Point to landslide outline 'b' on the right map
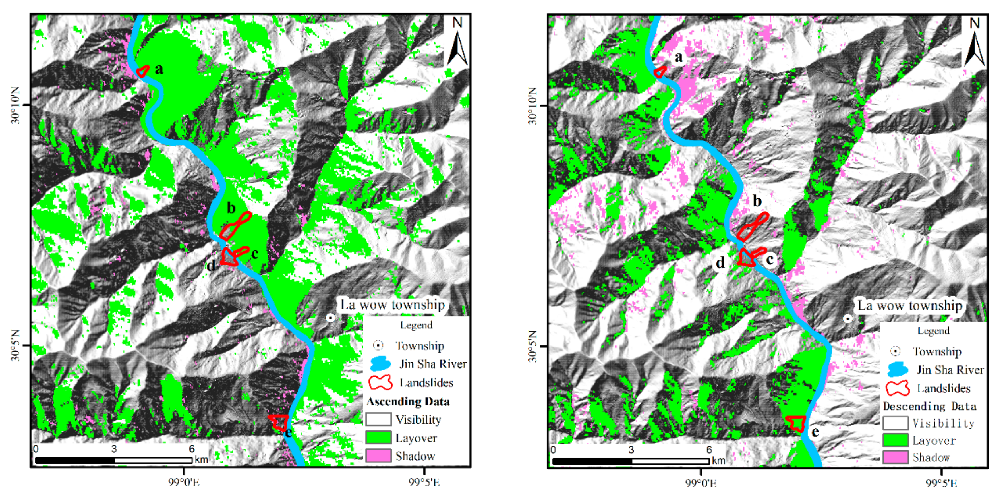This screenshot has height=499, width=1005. pyautogui.click(x=753, y=227)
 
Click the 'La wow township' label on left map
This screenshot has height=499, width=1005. pyautogui.click(x=393, y=304)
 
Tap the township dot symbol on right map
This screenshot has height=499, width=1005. pyautogui.click(x=847, y=319)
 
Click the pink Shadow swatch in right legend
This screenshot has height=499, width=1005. pyautogui.click(x=895, y=457)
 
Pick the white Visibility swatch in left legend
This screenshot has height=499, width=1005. pyautogui.click(x=378, y=419)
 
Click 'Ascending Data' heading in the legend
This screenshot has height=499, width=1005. pyautogui.click(x=408, y=401)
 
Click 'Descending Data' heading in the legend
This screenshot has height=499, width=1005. pyautogui.click(x=929, y=407)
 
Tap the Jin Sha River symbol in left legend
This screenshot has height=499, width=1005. pyautogui.click(x=380, y=363)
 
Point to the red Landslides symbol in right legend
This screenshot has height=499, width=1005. pyautogui.click(x=897, y=388)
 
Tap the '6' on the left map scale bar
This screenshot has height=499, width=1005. pyautogui.click(x=191, y=449)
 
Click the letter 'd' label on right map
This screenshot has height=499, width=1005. pyautogui.click(x=720, y=263)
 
